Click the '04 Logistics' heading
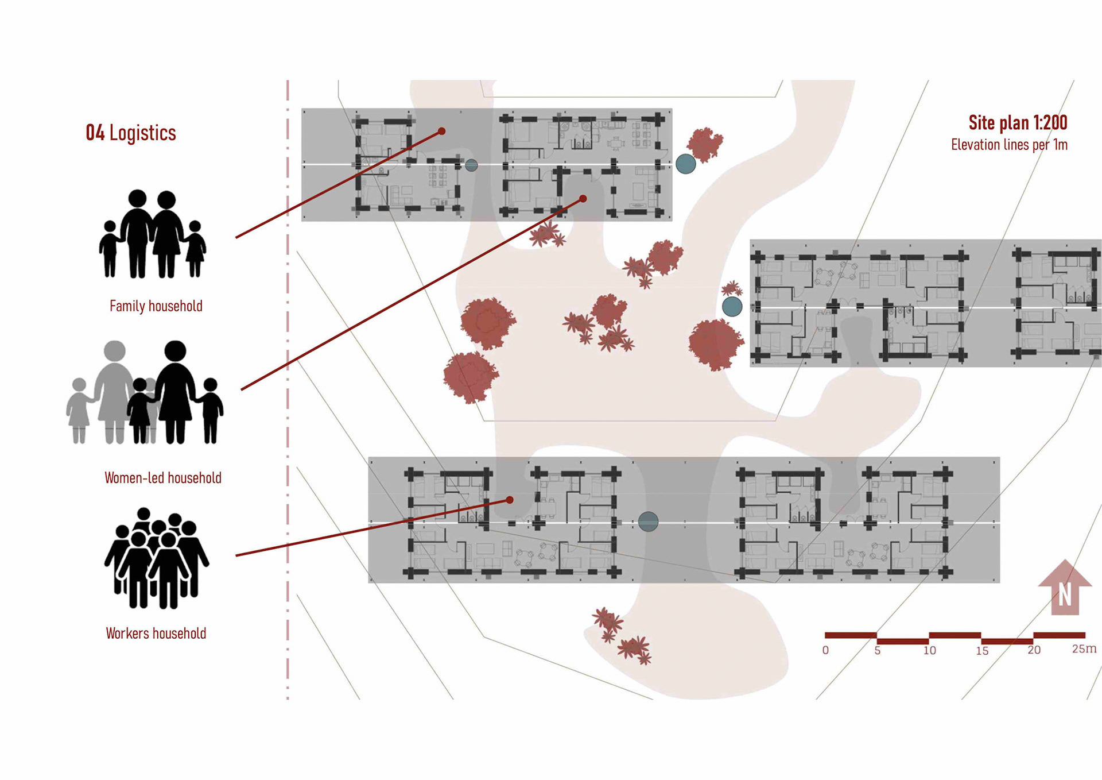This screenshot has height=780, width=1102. click(x=131, y=133)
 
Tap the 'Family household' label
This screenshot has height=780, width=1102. click(x=156, y=306)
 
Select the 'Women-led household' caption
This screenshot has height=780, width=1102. click(x=163, y=478)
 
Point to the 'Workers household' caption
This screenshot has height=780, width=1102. click(x=156, y=634)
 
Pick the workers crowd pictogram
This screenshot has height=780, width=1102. click(x=156, y=558)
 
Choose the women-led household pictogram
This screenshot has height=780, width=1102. click(x=145, y=393)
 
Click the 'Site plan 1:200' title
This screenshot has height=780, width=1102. click(x=1018, y=122)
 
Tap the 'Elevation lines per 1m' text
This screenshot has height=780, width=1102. click(x=1009, y=145)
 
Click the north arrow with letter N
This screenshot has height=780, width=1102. click(x=1065, y=588)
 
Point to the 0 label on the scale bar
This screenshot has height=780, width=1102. click(x=825, y=650)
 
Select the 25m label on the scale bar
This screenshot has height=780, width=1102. click(x=1084, y=649)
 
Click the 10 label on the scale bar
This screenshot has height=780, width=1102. click(x=930, y=650)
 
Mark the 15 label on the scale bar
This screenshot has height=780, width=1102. click(x=982, y=651)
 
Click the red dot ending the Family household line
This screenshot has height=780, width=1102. click(x=442, y=132)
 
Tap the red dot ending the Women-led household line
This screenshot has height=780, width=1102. click(x=583, y=199)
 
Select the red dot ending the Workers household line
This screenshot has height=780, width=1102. click(x=510, y=500)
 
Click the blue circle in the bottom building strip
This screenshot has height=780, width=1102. click(x=649, y=522)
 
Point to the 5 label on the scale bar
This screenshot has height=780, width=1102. click(x=878, y=651)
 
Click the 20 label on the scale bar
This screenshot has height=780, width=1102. click(x=1034, y=650)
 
